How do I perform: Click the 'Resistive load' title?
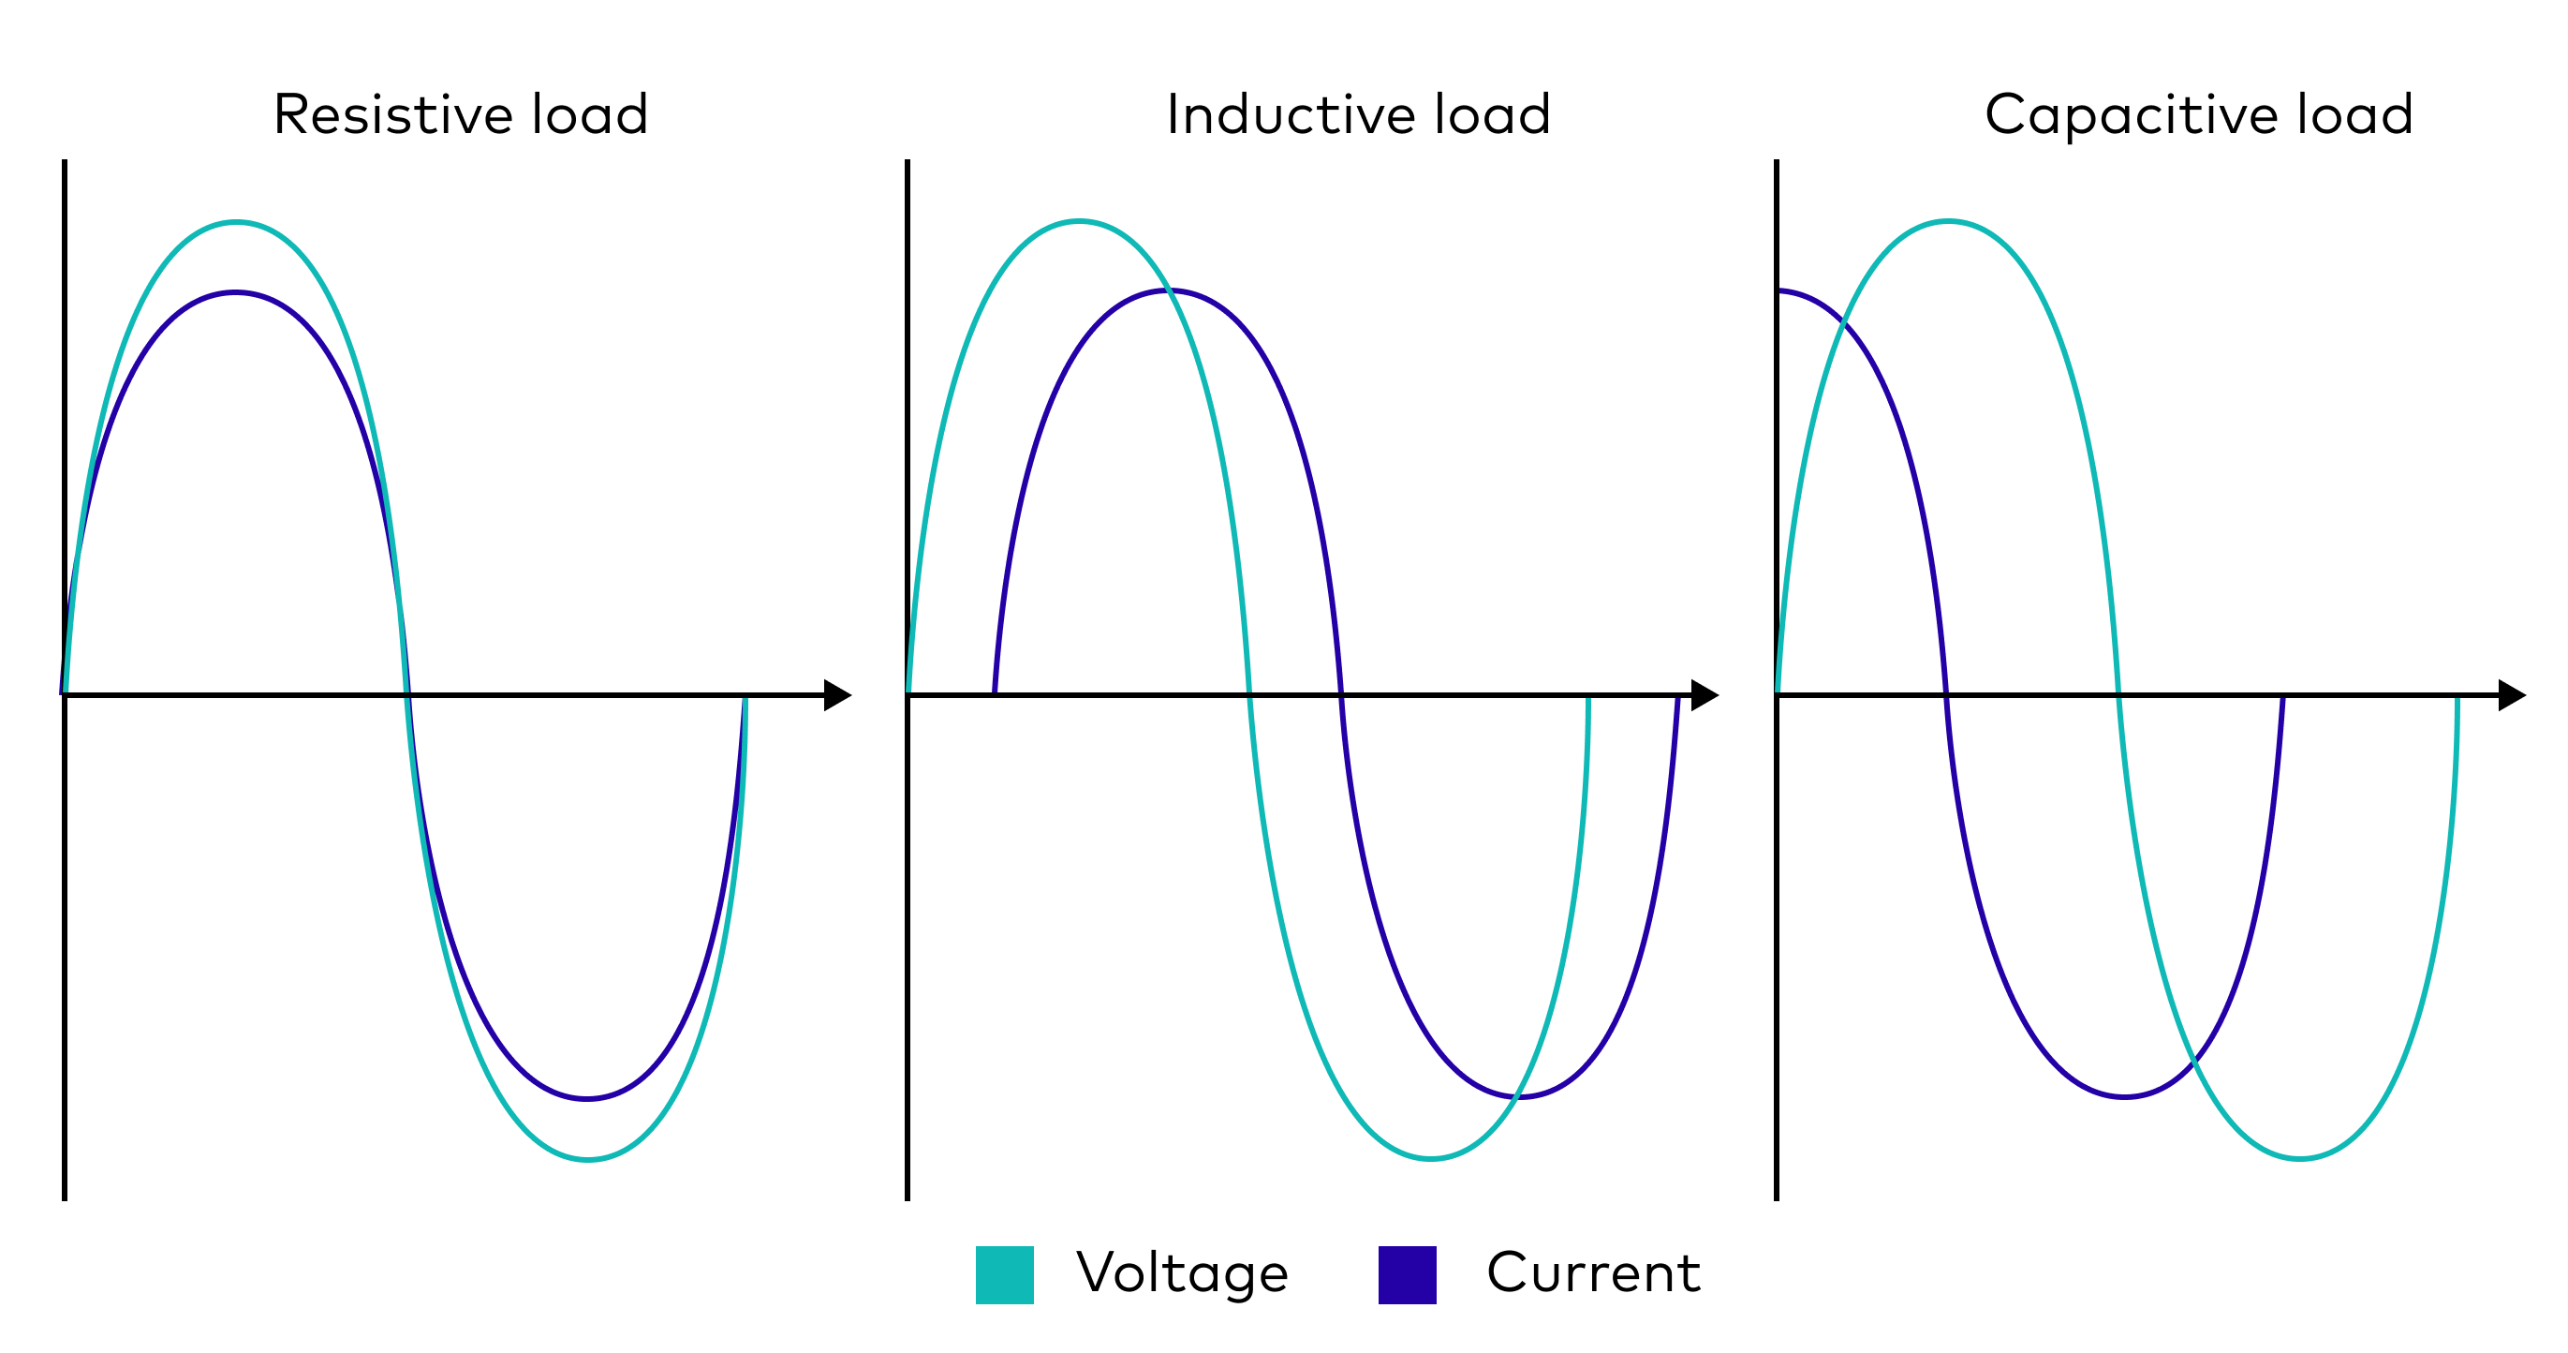coord(461,114)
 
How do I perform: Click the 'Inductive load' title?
coord(1358,114)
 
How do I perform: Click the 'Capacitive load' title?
coord(2198,114)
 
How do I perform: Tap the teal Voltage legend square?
coord(1004,1274)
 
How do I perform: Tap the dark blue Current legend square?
coord(1407,1274)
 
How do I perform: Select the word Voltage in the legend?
coord(1182,1273)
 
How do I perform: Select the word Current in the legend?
coord(1593,1273)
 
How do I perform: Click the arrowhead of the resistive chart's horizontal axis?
coord(837,695)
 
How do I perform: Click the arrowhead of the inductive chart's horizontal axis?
coord(1705,695)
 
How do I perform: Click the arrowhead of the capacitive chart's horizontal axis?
coord(2511,695)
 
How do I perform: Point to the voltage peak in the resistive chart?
coord(235,222)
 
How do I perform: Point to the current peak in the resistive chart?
coord(235,293)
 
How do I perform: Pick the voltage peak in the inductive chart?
coord(1080,221)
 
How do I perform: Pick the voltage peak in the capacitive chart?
coord(1948,221)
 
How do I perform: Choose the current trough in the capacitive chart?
coord(2124,1097)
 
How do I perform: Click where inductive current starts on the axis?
coord(995,691)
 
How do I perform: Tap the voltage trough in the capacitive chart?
coord(2300,1158)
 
